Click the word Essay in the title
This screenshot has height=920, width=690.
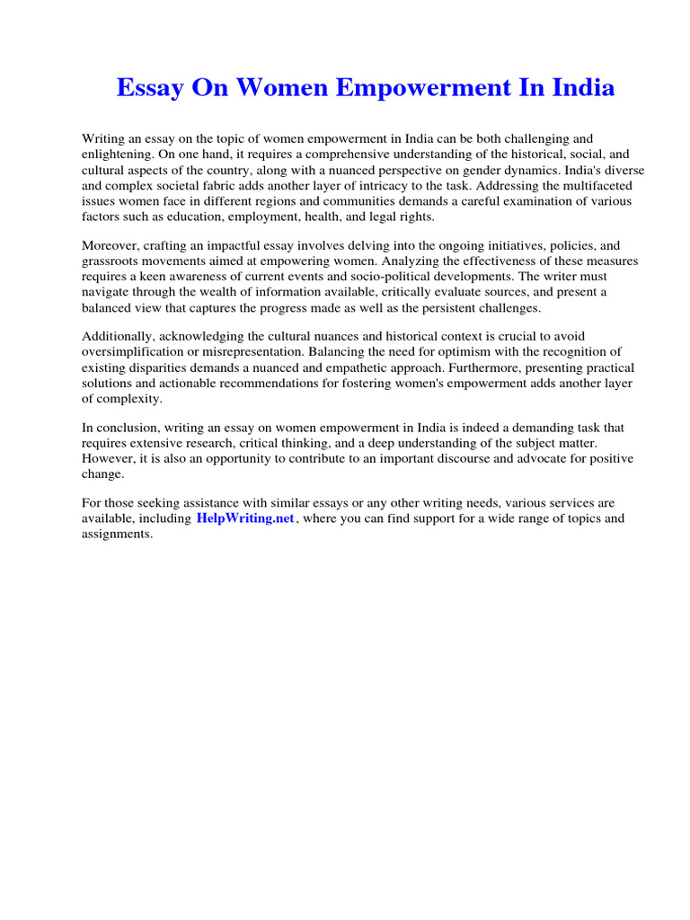coord(150,88)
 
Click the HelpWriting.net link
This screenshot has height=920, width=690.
coord(245,519)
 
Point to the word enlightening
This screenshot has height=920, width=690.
coord(117,154)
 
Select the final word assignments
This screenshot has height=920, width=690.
coord(118,535)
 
